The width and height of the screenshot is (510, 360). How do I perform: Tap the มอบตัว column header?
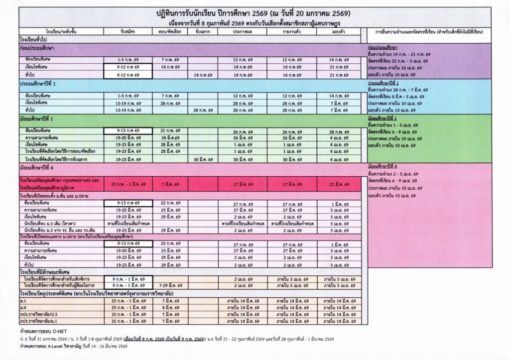pos(339,31)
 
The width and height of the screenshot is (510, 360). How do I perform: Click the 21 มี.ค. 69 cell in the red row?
pos(339,184)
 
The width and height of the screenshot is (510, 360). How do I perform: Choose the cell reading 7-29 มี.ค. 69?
pos(170,286)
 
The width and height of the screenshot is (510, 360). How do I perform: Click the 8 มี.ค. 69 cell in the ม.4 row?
pos(170,308)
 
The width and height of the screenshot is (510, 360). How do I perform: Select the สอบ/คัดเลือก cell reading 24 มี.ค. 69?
pos(170,137)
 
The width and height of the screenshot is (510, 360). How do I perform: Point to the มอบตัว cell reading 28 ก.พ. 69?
pos(339,131)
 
